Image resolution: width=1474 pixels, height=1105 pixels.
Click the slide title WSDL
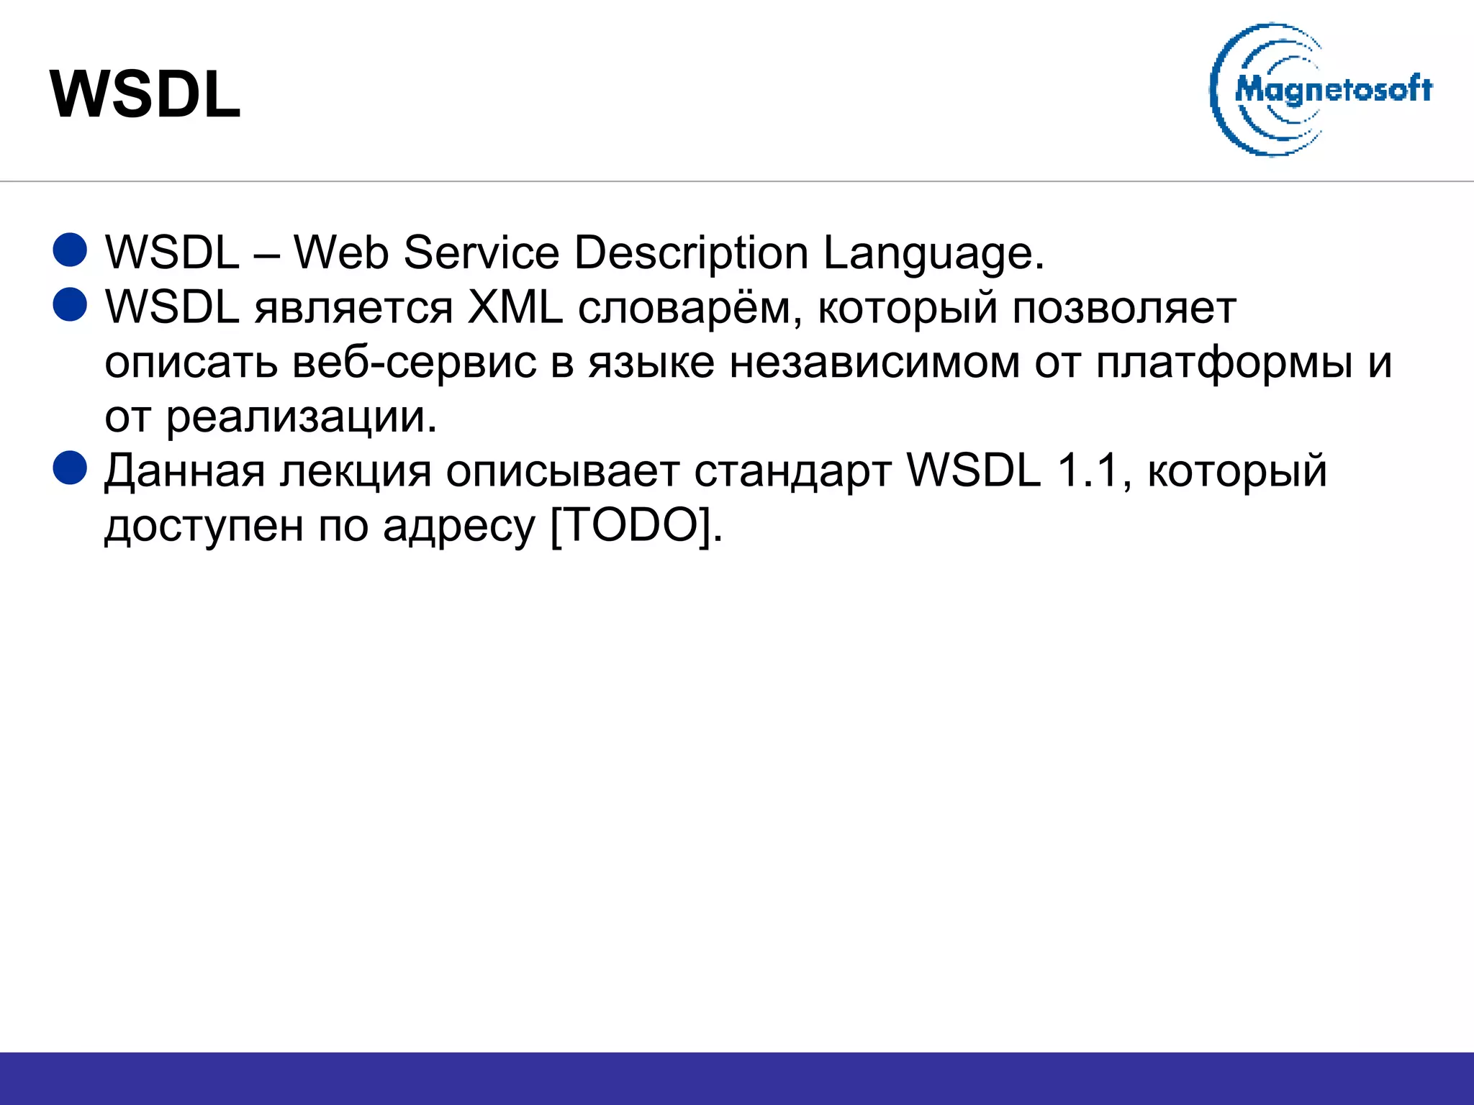click(145, 95)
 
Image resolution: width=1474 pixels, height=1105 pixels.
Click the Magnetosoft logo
click(1321, 90)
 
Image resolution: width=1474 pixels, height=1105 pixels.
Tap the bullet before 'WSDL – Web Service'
click(71, 250)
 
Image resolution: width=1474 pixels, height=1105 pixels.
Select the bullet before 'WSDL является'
click(71, 304)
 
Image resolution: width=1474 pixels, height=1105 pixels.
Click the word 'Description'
click(691, 254)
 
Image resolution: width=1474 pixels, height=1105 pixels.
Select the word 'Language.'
click(933, 254)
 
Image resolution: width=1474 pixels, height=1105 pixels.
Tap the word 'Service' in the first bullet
click(481, 253)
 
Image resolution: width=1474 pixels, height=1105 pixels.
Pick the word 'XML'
click(515, 307)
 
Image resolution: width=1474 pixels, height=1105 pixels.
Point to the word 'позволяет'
click(1124, 309)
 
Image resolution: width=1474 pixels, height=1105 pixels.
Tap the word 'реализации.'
click(302, 417)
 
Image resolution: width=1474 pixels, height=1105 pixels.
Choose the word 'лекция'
click(356, 472)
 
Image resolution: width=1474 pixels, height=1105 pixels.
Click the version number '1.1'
click(1091, 470)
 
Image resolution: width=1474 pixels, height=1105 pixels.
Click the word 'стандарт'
click(793, 472)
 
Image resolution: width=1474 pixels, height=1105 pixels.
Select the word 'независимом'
click(874, 362)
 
